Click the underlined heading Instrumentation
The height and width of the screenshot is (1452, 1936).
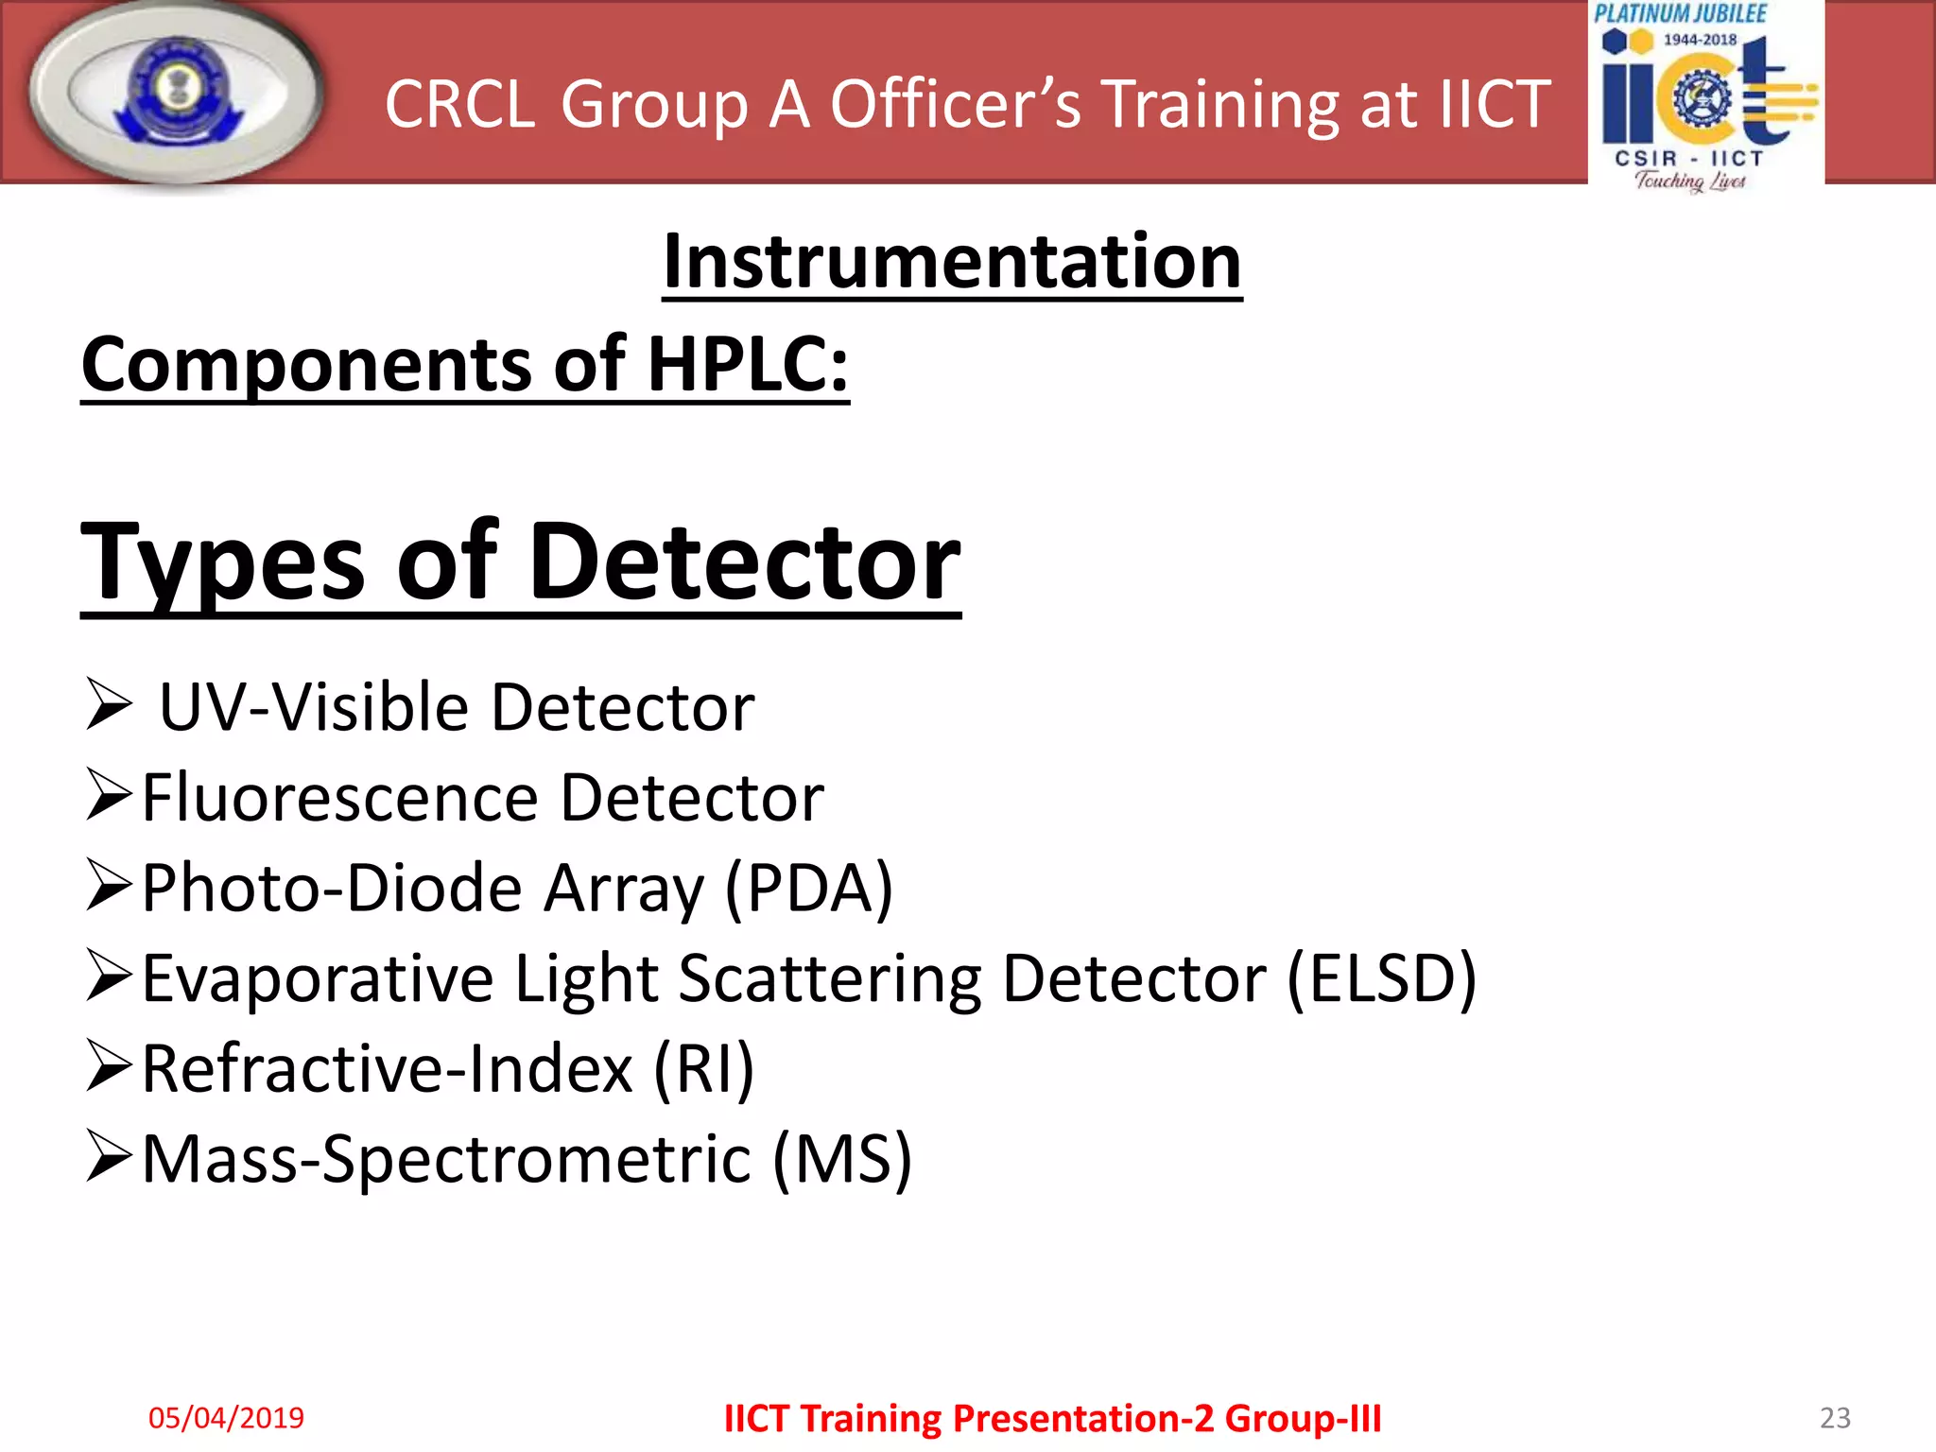(952, 262)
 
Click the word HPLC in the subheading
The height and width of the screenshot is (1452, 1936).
(747, 365)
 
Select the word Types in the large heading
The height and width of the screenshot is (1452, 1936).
(222, 563)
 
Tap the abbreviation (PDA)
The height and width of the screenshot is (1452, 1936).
(809, 889)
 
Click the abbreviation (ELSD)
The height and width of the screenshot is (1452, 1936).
(1381, 978)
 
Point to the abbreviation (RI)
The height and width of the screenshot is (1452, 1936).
(704, 1069)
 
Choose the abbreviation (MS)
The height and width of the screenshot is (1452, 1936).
(842, 1160)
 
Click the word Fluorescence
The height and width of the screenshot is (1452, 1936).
(340, 798)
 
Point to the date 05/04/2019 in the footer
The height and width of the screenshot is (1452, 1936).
(226, 1418)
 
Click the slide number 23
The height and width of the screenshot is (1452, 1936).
(1835, 1418)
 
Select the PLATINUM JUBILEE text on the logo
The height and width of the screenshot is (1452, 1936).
(1680, 14)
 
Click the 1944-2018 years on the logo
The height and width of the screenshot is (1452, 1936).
(1700, 40)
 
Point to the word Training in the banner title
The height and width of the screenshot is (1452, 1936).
(1219, 104)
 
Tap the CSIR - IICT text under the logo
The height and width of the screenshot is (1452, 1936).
(1689, 159)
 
